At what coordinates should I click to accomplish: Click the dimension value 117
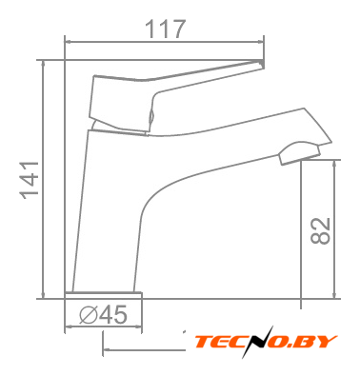point(165,30)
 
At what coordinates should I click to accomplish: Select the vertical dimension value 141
point(30,180)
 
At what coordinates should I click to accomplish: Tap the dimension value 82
point(320,231)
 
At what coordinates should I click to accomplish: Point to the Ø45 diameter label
point(103,315)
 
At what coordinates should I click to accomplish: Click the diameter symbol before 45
point(89,315)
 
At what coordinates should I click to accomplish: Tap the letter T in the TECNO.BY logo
point(204,342)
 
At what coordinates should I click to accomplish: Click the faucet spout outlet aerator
point(299,153)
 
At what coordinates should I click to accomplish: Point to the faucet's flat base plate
point(103,295)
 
